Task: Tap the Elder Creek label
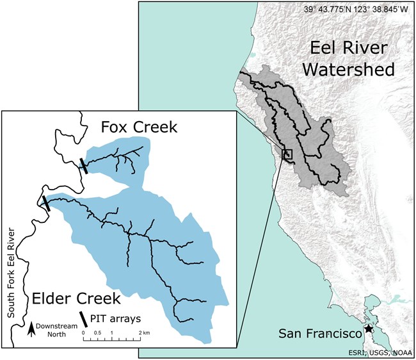coord(74,298)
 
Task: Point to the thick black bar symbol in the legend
coord(84,318)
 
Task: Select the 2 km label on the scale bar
coord(144,333)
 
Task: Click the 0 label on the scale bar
coord(84,333)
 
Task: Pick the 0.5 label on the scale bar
coord(97,333)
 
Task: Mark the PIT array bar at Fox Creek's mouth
coord(83,165)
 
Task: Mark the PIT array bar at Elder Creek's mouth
coord(45,203)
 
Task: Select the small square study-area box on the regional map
coord(287,154)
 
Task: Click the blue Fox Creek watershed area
coord(128,170)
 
